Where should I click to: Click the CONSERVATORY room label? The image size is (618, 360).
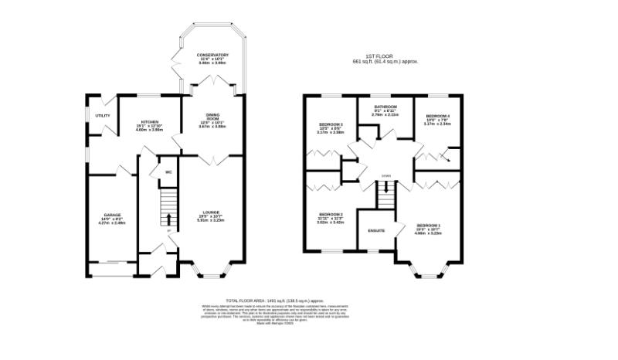[212, 55]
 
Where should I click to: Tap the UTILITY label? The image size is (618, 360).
[103, 116]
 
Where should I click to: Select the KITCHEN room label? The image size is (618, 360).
[150, 123]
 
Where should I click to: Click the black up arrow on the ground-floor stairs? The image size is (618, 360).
[168, 216]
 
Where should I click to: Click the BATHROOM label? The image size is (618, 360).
[385, 106]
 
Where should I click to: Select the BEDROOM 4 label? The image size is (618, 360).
[437, 115]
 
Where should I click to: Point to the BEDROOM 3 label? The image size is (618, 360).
[330, 124]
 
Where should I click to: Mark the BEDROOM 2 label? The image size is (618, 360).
[330, 214]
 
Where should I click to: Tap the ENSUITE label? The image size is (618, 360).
[376, 230]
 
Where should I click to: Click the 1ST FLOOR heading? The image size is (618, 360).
[385, 56]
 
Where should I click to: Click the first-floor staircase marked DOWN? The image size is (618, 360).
[385, 193]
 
